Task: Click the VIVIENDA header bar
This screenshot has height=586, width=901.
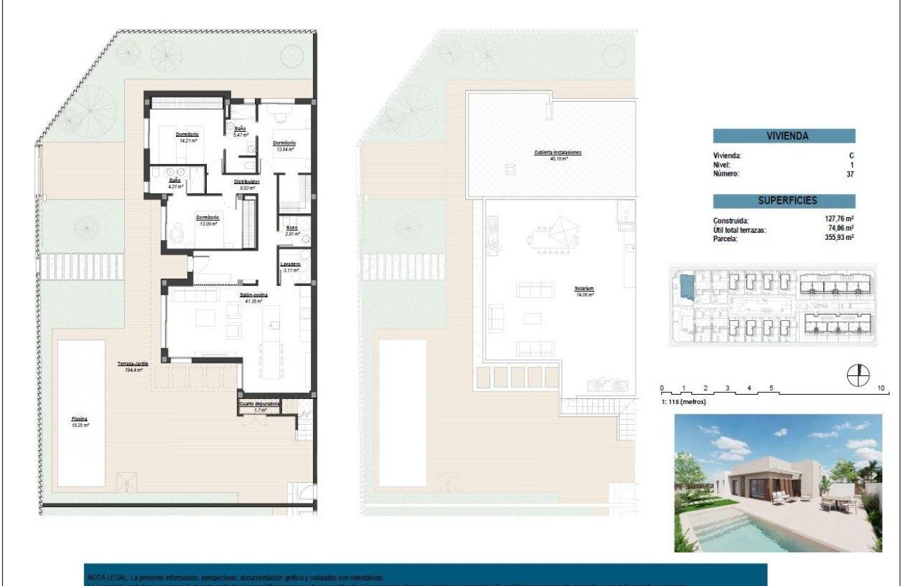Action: [x=784, y=137]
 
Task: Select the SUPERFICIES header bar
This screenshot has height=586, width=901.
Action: [x=784, y=200]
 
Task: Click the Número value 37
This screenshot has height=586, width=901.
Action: [x=850, y=174]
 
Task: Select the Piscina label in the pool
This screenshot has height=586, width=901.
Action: [x=79, y=419]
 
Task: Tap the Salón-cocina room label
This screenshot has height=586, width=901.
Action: [x=254, y=296]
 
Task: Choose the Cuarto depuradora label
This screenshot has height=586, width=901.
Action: [x=260, y=403]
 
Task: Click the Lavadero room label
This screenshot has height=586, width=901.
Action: [x=291, y=264]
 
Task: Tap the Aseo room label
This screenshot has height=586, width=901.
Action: [x=292, y=227]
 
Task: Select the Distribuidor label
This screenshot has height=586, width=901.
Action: [x=247, y=181]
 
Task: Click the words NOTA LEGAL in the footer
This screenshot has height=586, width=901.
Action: [x=108, y=578]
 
